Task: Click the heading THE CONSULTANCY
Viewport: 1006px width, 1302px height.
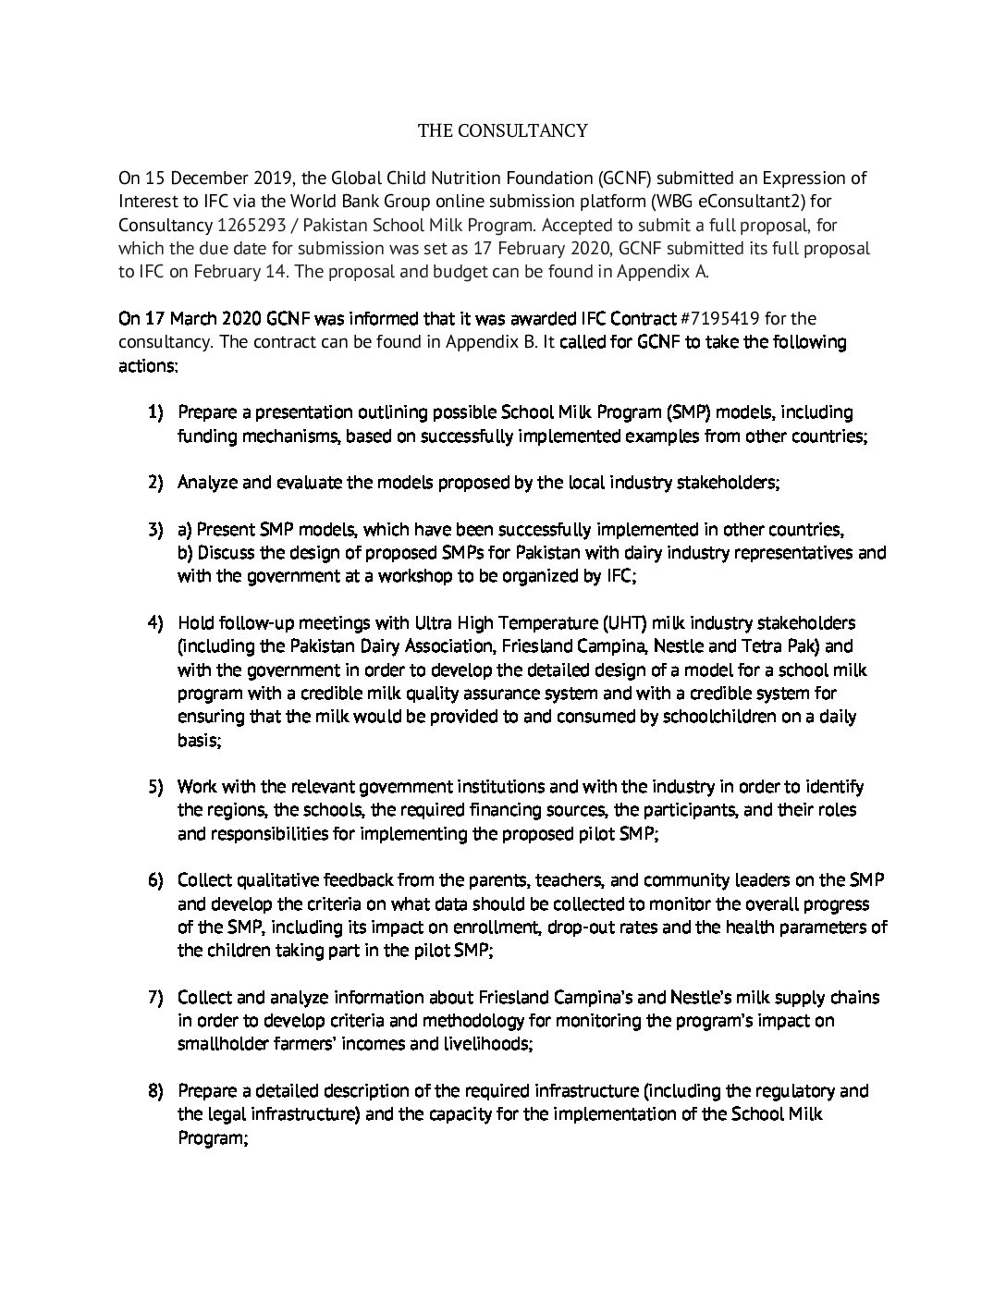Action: tap(502, 130)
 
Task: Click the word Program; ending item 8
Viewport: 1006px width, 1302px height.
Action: tap(213, 1137)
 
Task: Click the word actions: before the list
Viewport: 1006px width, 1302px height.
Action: tap(148, 366)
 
